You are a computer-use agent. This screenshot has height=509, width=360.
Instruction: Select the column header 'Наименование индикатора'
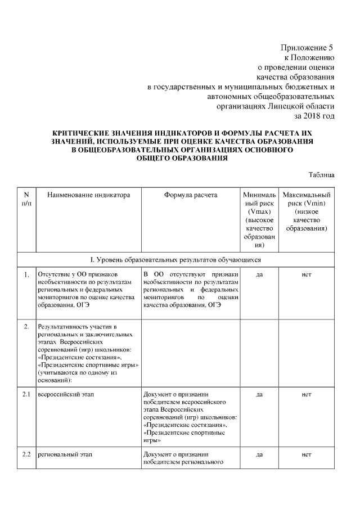point(89,195)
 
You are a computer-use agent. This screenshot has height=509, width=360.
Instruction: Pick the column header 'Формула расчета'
point(190,195)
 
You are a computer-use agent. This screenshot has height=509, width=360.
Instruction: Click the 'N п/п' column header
point(26,199)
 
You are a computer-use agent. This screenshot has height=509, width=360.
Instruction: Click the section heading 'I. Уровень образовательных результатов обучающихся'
point(177,260)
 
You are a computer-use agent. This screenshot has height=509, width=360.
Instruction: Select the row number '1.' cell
point(26,274)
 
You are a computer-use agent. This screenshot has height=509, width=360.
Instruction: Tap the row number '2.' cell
point(26,327)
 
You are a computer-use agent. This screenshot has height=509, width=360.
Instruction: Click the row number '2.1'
point(26,395)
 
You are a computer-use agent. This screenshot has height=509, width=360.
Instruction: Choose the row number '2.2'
point(26,454)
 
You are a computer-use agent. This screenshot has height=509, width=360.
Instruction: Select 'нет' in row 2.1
point(307,395)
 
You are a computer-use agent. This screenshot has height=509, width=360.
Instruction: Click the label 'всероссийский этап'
point(65,395)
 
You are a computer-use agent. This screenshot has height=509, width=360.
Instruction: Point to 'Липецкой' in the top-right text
point(283,105)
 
